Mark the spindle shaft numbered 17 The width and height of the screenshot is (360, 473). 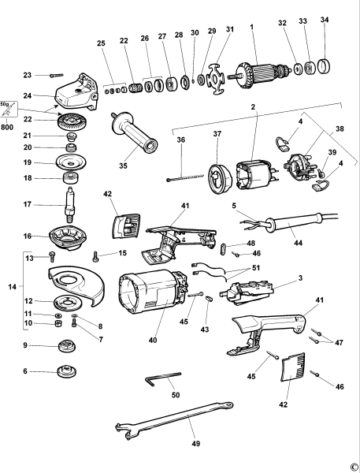(x=69, y=202)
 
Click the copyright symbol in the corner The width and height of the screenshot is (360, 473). (x=354, y=466)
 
